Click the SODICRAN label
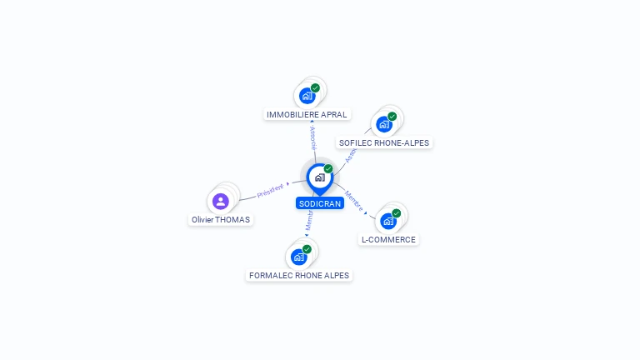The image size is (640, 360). tap(320, 203)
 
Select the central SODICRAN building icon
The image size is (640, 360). tap(320, 177)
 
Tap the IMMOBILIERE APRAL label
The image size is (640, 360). tap(307, 114)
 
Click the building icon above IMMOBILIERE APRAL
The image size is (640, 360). tap(307, 96)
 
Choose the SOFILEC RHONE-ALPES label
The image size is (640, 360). tap(384, 142)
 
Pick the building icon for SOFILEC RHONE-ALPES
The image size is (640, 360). tap(383, 125)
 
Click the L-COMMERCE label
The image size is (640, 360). tap(387, 239)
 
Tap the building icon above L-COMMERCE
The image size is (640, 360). tap(387, 221)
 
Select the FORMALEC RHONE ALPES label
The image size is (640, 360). tap(299, 275)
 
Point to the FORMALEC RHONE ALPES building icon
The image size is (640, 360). tap(298, 257)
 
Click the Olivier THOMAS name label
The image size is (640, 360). tap(220, 219)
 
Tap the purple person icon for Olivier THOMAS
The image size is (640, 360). tap(220, 201)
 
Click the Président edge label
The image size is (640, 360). tap(271, 190)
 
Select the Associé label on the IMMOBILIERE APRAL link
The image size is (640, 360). tap(312, 137)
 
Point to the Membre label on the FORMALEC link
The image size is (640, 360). tap(309, 220)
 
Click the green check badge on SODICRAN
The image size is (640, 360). tap(328, 169)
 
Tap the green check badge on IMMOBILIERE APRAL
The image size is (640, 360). tap(315, 87)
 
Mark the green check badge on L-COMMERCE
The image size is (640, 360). tap(396, 213)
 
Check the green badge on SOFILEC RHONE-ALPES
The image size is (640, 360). tap(392, 117)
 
